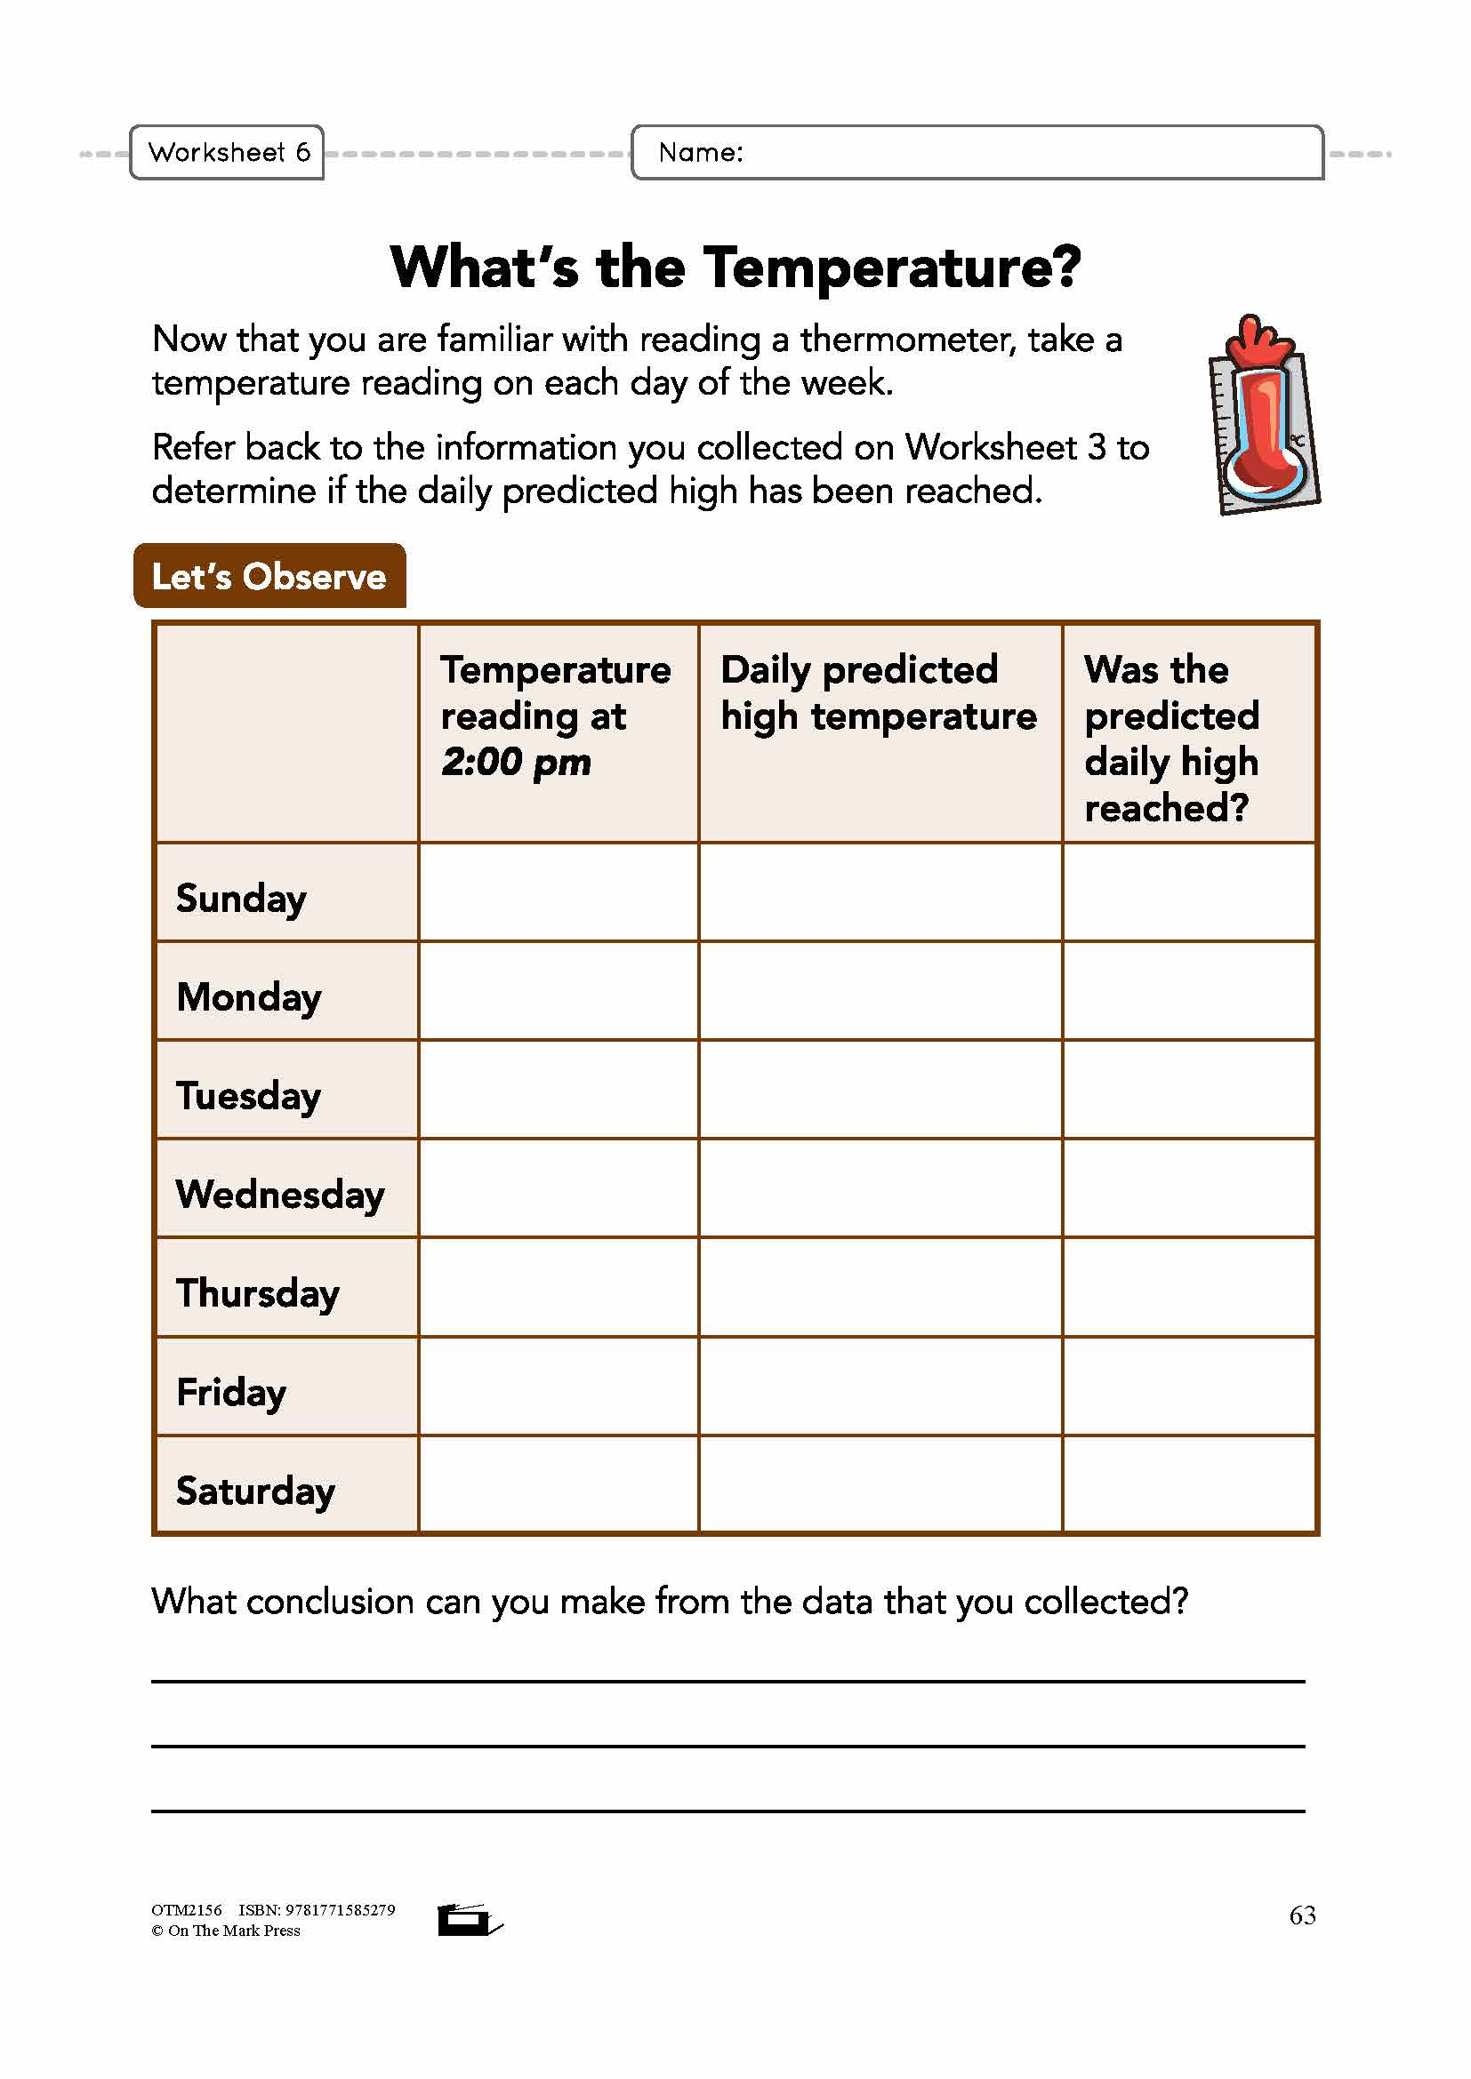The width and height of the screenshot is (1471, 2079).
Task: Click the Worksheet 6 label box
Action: click(227, 152)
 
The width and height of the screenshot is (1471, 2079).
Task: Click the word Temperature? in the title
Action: click(892, 268)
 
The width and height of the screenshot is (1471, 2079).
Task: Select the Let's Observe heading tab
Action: click(269, 576)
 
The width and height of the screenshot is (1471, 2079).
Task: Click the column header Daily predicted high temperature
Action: click(878, 692)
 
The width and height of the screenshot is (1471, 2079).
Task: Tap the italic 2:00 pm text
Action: click(516, 762)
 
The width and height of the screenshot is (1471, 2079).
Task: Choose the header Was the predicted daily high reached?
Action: click(1170, 738)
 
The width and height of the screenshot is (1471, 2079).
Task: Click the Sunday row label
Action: click(241, 899)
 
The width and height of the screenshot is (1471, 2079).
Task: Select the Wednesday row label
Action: click(280, 1195)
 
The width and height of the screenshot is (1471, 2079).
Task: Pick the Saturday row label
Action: click(255, 1491)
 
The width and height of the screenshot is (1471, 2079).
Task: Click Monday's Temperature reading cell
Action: click(558, 990)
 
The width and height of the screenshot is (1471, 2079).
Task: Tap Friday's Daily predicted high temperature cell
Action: click(880, 1387)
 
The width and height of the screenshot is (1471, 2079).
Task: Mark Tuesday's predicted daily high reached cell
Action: click(1188, 1090)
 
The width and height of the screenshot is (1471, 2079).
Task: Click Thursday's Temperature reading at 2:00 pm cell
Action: click(558, 1288)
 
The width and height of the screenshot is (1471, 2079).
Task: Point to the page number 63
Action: click(1302, 1915)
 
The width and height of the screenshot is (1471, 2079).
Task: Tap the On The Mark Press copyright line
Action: click(226, 1931)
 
